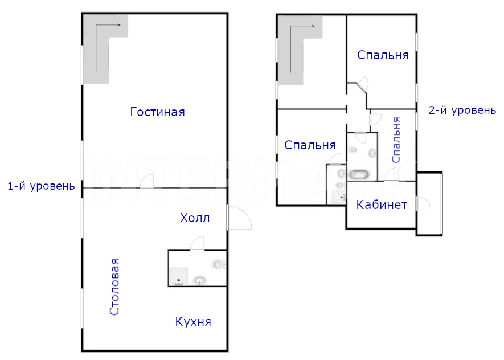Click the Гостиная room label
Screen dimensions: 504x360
[x=158, y=112]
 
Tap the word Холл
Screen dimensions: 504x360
[x=195, y=218]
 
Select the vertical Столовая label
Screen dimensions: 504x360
[x=114, y=287]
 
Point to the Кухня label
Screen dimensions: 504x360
[x=193, y=321]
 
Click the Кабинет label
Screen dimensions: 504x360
[x=382, y=204]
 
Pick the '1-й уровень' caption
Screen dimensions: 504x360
[x=41, y=186]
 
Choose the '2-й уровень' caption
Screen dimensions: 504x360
[x=462, y=111]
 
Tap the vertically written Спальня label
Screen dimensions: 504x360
[x=396, y=140]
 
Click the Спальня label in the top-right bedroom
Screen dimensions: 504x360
[x=383, y=55]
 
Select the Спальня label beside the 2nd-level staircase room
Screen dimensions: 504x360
[x=310, y=145]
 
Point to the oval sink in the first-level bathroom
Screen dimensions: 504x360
[x=200, y=280]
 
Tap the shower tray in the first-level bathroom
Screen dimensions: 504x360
[x=178, y=276]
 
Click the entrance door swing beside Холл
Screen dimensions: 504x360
[x=239, y=218]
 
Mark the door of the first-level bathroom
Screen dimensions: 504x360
[x=197, y=243]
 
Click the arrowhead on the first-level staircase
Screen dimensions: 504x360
[x=119, y=24]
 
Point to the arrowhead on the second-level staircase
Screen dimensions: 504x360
[x=313, y=26]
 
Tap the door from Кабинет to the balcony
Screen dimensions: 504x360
[x=423, y=203]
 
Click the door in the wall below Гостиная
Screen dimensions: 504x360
[x=146, y=181]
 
